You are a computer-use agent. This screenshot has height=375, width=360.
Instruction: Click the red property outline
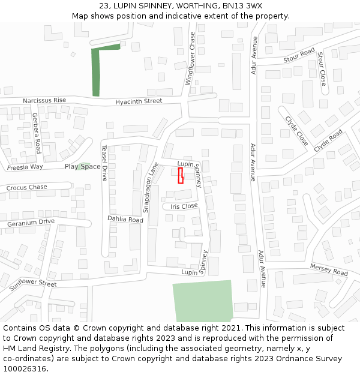[x=180, y=176]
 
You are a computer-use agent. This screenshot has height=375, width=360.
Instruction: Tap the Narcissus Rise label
[x=44, y=100]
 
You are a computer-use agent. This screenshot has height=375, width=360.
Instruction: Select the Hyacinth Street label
[x=139, y=101]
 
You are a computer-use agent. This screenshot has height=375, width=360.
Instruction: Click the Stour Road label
[x=299, y=56]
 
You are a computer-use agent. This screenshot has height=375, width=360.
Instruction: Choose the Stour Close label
[x=322, y=68]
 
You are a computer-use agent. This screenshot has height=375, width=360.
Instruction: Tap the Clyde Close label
[x=296, y=131]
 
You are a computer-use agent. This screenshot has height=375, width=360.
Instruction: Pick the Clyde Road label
[x=328, y=140]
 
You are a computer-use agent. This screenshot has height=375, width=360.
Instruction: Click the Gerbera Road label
[x=37, y=133]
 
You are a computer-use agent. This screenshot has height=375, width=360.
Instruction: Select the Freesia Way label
[x=25, y=167]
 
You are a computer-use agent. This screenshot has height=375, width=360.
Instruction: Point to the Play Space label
[x=83, y=166]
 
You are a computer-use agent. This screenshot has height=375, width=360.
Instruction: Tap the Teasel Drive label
[x=104, y=163]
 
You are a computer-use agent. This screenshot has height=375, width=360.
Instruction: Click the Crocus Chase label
[x=27, y=188]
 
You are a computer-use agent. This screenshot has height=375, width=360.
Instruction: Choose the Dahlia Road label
[x=125, y=220]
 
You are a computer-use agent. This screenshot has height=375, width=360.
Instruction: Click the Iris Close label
[x=184, y=206]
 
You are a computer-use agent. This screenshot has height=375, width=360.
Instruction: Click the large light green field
[x=202, y=301]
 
